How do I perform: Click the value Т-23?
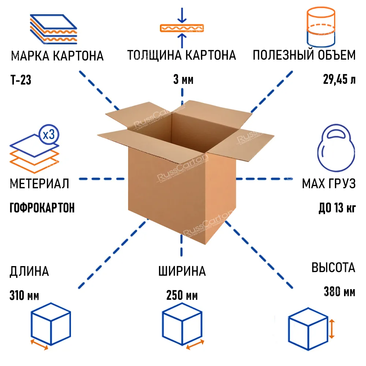pos(21,79)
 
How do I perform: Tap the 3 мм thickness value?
pos(183,79)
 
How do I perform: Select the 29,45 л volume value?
pos(339,79)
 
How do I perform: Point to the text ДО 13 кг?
pos(337,208)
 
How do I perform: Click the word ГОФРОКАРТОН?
pos(42,208)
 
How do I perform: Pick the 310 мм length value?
pos(25,295)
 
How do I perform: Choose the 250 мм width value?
pos(182,295)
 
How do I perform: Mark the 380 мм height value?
pos(339,292)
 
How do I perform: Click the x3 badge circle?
pos(49,135)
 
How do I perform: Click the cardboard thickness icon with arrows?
pos(182,28)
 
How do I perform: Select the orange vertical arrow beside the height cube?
pos(331,329)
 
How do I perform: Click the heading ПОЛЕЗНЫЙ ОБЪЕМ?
pos(304,56)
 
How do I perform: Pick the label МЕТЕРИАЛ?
pos(39,184)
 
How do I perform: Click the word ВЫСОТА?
pos(333,268)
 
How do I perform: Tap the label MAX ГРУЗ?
pos(329,184)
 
